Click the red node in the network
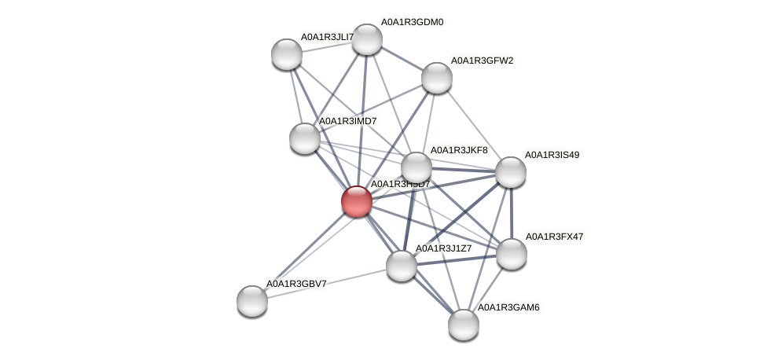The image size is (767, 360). [356, 201]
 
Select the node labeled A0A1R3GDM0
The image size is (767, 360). [366, 39]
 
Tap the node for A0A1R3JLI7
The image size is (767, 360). [287, 54]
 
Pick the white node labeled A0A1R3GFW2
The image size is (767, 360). [436, 77]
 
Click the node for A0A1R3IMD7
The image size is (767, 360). [305, 138]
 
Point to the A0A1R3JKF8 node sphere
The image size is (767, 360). [417, 167]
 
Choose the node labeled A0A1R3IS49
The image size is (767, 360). [510, 172]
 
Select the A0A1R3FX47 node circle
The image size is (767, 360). [512, 253]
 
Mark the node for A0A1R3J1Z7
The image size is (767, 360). [402, 266]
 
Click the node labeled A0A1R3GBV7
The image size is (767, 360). [252, 300]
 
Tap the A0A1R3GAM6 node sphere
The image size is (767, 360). [464, 324]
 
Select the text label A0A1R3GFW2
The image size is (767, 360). [482, 61]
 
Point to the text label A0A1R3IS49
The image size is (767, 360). [552, 155]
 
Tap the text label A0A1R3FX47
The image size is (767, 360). [553, 237]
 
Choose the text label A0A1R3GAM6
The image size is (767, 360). [508, 307]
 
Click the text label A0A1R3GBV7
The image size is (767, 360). [296, 284]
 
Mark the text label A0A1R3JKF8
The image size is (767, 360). [458, 150]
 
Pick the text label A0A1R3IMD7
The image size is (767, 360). [347, 121]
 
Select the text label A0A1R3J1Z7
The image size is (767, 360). [443, 248]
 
